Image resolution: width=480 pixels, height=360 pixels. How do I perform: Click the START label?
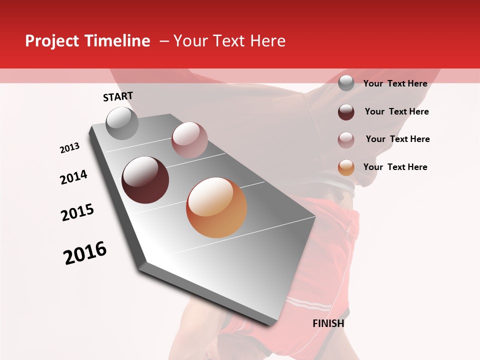(x=118, y=96)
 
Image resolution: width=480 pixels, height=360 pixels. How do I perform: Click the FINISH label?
(x=328, y=323)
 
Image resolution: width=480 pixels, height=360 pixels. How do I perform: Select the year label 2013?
(x=69, y=148)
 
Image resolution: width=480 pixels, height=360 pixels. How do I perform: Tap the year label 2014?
(x=73, y=177)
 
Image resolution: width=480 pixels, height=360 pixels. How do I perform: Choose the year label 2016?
(x=85, y=253)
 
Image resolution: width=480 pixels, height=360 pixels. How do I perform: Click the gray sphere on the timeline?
(x=122, y=123)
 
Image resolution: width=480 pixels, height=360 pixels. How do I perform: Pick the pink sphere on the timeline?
(x=189, y=140)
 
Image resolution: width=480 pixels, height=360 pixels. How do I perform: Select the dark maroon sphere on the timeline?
(x=145, y=180)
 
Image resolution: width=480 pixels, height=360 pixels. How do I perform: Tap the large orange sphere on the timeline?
(x=216, y=207)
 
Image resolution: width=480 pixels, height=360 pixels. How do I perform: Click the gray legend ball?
(x=346, y=83)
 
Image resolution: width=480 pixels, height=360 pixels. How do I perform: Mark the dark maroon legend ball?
(x=346, y=112)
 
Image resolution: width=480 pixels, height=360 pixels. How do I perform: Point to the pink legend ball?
(x=346, y=140)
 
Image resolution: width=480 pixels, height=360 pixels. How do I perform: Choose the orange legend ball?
(x=346, y=167)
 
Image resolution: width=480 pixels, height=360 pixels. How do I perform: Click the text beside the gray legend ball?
(x=395, y=83)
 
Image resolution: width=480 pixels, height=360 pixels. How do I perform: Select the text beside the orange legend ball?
(x=395, y=167)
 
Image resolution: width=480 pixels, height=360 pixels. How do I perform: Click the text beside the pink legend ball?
(x=397, y=139)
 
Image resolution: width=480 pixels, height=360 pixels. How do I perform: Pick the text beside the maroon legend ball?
(x=396, y=111)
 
